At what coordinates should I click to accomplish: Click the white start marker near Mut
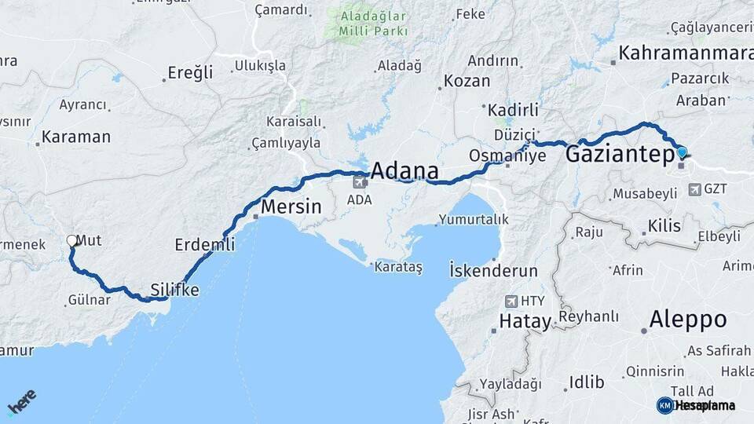72,241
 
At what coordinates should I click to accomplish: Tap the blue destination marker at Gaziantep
681,152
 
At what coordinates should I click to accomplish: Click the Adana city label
404,171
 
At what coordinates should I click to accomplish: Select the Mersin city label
291,207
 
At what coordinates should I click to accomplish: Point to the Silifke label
174,290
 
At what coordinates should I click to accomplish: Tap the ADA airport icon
360,182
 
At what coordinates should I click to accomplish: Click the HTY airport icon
511,302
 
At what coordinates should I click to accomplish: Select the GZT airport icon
695,189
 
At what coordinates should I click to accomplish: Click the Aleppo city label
688,320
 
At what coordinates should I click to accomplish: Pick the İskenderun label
492,271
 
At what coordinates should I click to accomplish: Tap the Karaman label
76,137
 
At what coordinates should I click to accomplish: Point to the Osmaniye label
507,155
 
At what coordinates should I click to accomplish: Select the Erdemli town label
204,245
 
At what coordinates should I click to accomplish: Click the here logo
21,401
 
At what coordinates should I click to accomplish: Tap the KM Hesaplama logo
696,405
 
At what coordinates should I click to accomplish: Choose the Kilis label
665,226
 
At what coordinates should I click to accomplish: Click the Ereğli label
190,73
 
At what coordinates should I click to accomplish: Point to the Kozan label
467,81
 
